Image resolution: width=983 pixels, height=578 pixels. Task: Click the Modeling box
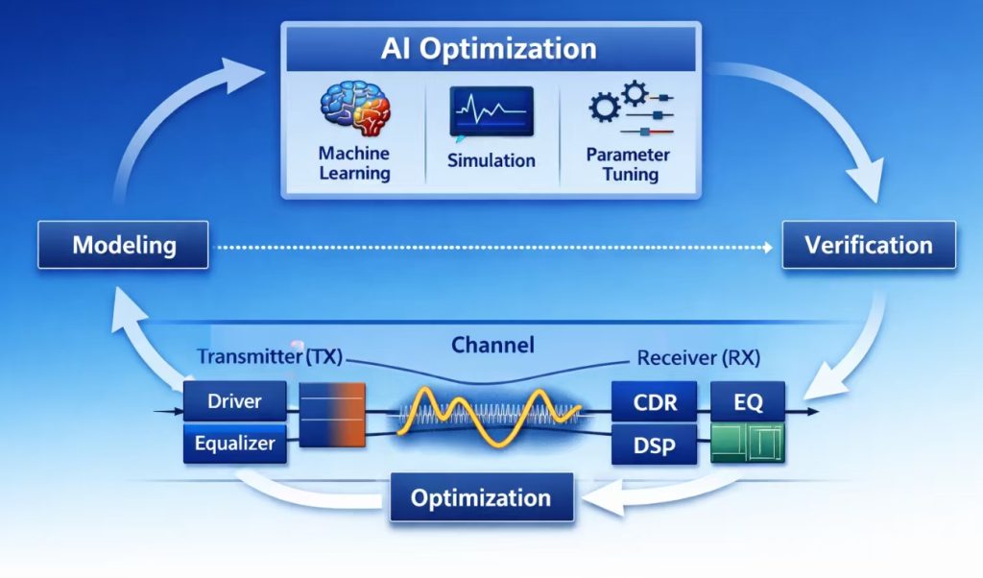point(123,245)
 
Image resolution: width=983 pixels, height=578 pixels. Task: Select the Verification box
point(869,245)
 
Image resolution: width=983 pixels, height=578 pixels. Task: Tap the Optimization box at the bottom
point(481,498)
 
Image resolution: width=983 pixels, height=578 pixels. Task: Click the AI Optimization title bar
point(489,49)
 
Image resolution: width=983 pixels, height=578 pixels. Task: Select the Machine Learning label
point(355,163)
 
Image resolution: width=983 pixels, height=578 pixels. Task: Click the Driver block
point(234,401)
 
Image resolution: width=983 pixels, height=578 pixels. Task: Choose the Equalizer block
point(234,445)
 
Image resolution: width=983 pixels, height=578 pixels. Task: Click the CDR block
point(654,402)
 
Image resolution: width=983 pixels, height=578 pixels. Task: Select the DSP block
point(654,446)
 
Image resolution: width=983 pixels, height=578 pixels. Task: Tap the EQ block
point(748,402)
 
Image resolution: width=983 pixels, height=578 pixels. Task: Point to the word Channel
point(492,345)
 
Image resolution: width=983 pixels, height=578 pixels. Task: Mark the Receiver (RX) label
point(698,358)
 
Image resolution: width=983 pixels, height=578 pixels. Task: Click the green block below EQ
point(748,445)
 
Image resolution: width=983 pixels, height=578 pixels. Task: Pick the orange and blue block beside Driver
point(332,414)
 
